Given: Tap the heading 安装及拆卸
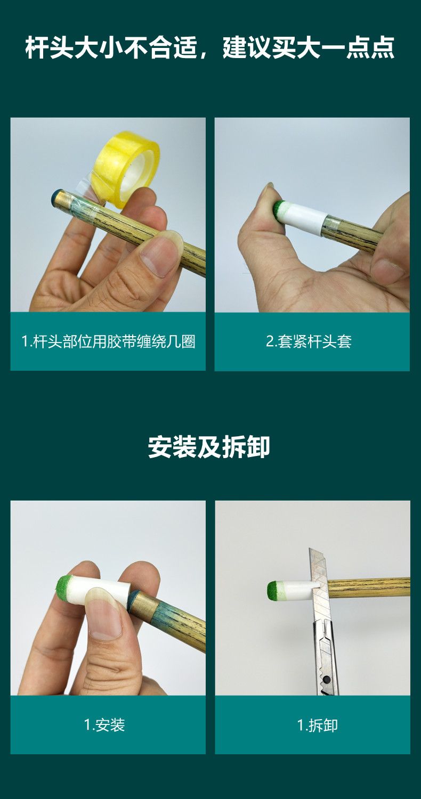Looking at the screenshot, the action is click(x=209, y=446).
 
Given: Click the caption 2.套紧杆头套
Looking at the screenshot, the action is click(x=309, y=341).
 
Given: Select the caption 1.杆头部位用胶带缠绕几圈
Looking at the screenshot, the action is click(x=109, y=341).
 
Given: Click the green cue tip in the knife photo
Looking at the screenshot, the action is click(x=274, y=590).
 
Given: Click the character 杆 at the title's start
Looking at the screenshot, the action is click(x=37, y=47).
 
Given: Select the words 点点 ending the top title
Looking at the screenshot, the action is click(x=370, y=47).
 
